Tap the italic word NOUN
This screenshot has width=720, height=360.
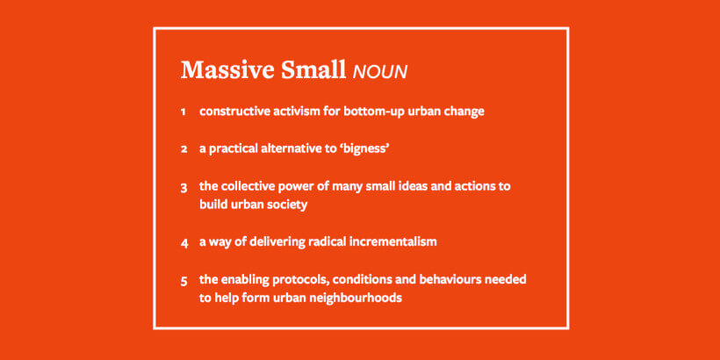point(379,72)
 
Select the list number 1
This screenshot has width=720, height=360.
point(184,112)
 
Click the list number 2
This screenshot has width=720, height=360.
point(184,149)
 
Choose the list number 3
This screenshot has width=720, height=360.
point(184,188)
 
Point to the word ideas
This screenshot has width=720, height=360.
point(419,186)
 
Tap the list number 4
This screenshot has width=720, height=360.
point(184,243)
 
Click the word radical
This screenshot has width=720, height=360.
point(328,241)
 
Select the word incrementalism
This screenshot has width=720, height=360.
point(393,241)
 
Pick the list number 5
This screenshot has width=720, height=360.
point(184,281)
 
